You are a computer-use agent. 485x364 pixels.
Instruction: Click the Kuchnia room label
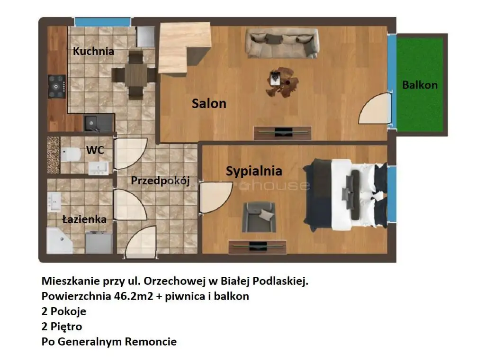pos(93,51)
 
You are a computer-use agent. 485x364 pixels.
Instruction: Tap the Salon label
pos(209,103)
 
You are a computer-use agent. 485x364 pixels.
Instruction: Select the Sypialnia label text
pos(254,171)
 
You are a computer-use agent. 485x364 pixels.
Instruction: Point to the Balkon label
pos(420,85)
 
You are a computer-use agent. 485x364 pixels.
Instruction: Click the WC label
pos(95,150)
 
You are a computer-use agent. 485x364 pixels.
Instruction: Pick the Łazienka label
pos(84,219)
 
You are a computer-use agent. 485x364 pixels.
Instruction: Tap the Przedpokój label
pos(160,181)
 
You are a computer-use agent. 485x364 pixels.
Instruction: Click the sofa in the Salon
pos(281,43)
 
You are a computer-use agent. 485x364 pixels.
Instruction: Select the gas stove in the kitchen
pos(57,87)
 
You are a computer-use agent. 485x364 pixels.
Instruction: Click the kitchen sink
pos(91,124)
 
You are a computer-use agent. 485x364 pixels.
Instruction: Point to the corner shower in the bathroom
pos(59,240)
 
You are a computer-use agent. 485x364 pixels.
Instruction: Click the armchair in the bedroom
pos(259,217)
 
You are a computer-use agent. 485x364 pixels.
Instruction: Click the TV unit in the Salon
pos(282,133)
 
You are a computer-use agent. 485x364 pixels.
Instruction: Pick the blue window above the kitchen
pos(102,22)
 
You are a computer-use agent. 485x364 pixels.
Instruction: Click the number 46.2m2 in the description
pos(134,296)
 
